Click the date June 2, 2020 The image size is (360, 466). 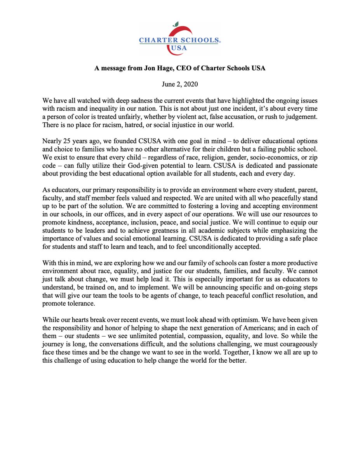click(180, 83)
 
